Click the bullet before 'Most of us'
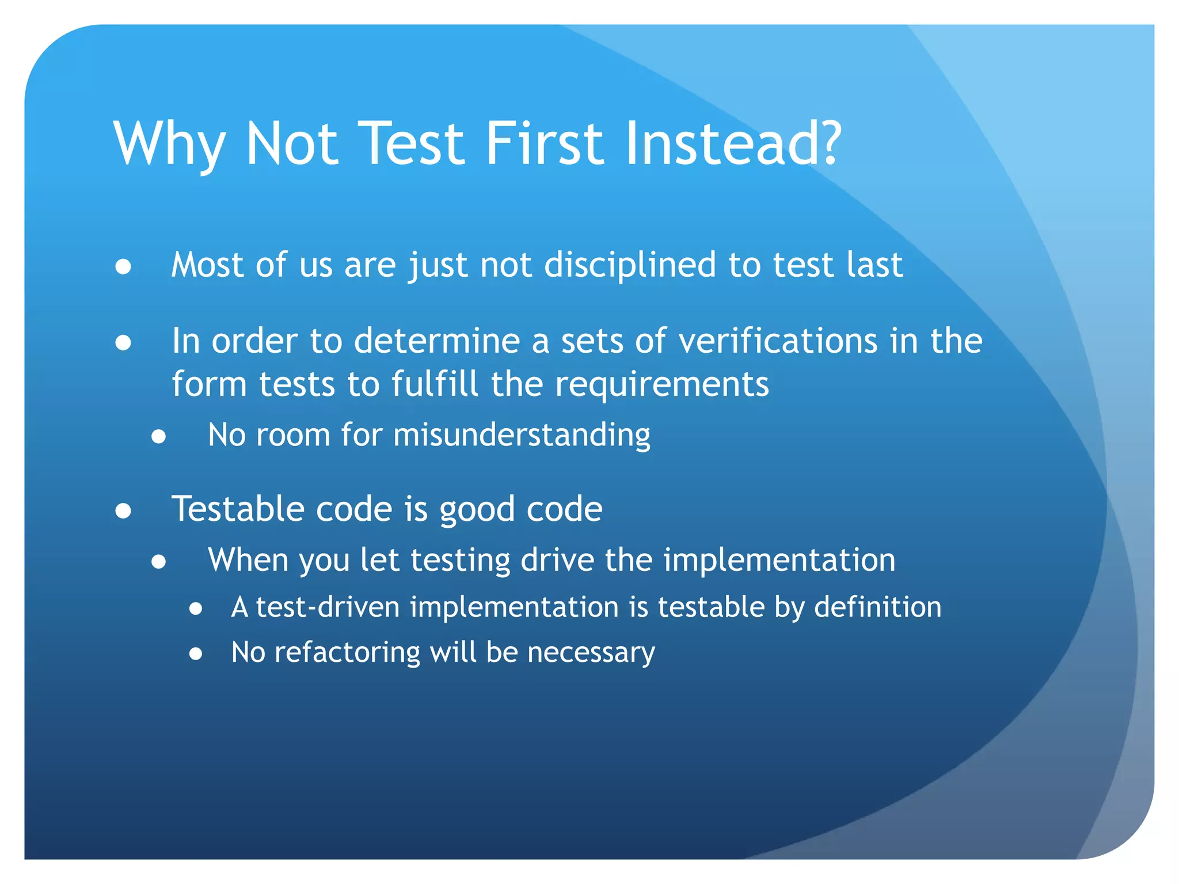click(x=123, y=267)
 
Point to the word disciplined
click(x=630, y=265)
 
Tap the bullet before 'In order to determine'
click(x=123, y=343)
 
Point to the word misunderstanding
click(x=522, y=435)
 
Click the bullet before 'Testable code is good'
click(x=123, y=511)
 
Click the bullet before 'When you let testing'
click(x=159, y=562)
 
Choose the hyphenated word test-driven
click(x=328, y=607)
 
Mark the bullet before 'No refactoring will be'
click(x=196, y=654)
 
